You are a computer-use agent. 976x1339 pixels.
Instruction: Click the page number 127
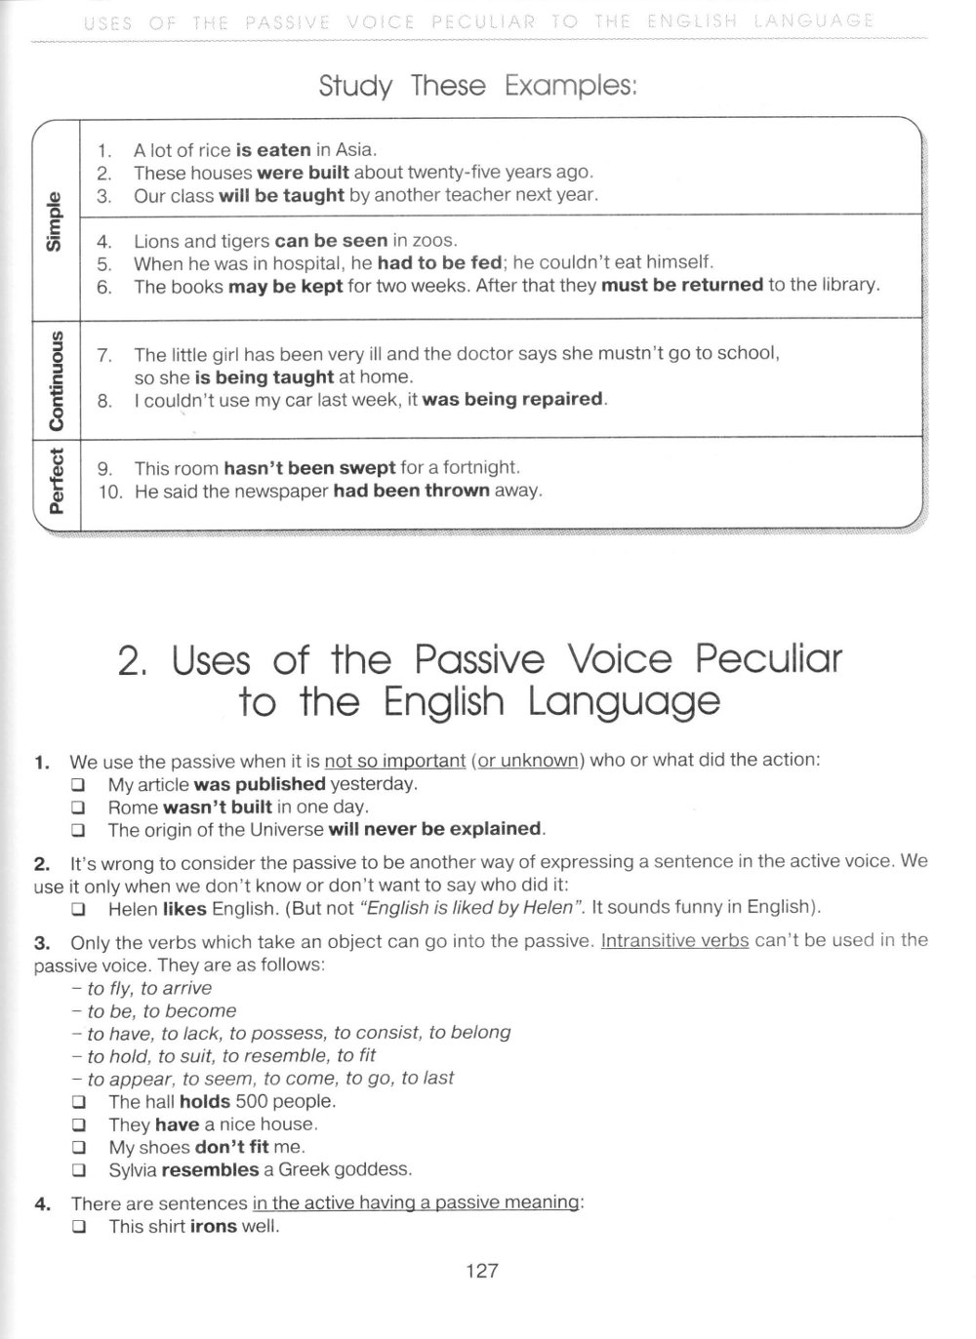482,1271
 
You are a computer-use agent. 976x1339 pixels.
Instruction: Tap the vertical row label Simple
55,221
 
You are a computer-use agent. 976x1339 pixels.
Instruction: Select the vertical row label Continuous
56,378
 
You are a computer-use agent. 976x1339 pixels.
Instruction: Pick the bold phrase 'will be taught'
281,195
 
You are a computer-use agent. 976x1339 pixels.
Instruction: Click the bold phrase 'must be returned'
681,286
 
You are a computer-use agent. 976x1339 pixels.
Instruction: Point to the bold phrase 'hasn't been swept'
309,468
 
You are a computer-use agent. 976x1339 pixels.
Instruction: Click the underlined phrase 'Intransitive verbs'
674,941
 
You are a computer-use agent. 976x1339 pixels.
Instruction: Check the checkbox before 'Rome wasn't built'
78,807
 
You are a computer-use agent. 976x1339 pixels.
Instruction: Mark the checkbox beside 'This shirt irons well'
78,1227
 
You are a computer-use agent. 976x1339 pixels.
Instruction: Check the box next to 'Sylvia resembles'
78,1170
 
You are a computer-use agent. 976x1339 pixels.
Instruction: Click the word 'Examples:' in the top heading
571,86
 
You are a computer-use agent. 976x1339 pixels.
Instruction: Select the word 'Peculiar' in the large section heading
767,660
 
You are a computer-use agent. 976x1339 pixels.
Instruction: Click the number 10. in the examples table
110,492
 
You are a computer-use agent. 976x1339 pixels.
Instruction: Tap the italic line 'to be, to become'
161,1011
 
